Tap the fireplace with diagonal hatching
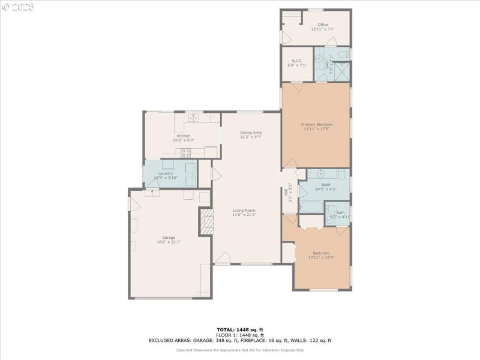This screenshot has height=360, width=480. pos(206,221)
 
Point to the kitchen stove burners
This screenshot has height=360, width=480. pos(186,152)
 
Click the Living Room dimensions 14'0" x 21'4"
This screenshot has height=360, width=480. pos(245,215)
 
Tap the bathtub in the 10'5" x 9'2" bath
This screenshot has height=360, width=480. pos(311,208)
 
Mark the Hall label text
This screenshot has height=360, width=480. pos(287,193)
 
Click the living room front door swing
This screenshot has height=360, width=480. pos(222,258)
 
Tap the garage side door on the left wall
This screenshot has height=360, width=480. pos(133,204)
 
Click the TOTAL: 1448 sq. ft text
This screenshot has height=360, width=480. pos(240,329)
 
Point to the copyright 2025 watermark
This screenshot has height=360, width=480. pos(18,7)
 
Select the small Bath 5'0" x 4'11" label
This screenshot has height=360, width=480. pos(340,215)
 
